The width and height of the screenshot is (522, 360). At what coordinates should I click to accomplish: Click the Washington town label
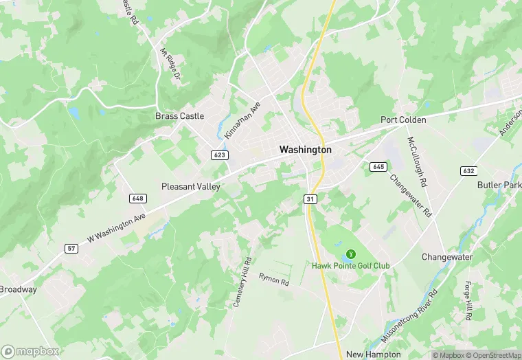click(x=306, y=149)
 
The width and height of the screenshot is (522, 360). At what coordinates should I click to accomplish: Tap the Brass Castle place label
click(x=180, y=116)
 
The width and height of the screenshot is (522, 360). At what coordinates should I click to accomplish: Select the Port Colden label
click(x=404, y=120)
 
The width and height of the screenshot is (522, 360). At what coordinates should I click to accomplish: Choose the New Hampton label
click(x=373, y=354)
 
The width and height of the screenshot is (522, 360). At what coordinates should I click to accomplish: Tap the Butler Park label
click(x=499, y=185)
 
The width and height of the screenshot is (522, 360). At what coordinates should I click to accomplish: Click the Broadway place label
click(x=19, y=289)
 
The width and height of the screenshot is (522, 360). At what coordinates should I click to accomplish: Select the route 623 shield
click(x=219, y=155)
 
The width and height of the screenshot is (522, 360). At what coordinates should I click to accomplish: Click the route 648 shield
click(x=137, y=198)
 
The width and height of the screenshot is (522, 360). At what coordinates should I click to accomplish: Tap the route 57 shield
click(x=71, y=247)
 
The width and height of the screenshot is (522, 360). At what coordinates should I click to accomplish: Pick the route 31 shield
click(x=310, y=199)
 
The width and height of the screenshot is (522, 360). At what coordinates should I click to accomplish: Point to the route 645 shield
click(x=378, y=166)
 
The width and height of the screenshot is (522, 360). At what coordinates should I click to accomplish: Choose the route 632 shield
click(x=469, y=170)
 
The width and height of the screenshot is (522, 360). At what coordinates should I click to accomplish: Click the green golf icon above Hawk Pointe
click(x=352, y=254)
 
